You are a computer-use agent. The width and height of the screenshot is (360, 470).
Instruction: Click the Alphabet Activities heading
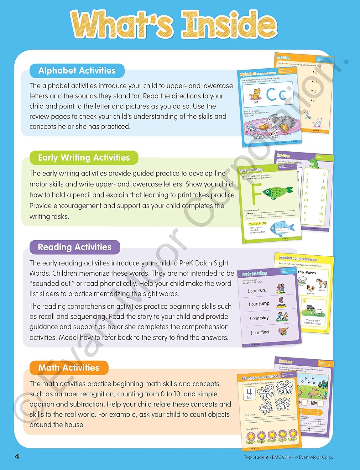(x=77, y=71)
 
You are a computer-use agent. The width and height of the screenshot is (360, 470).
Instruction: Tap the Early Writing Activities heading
(x=84, y=158)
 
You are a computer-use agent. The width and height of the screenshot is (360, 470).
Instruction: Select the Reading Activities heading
(x=75, y=247)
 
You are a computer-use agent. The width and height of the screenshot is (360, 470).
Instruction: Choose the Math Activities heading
(x=69, y=368)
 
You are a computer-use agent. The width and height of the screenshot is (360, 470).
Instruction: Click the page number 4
(x=17, y=457)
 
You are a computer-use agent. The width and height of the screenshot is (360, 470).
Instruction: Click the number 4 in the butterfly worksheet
(x=249, y=392)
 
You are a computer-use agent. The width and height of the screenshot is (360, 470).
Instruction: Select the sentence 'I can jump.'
(x=259, y=304)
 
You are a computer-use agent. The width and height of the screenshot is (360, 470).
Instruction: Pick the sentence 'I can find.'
(x=260, y=332)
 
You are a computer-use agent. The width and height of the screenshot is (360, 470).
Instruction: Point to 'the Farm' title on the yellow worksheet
(x=307, y=272)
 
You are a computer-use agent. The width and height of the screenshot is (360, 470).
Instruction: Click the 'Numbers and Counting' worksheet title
(x=260, y=377)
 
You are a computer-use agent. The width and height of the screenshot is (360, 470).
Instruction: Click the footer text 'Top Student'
(x=256, y=457)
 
